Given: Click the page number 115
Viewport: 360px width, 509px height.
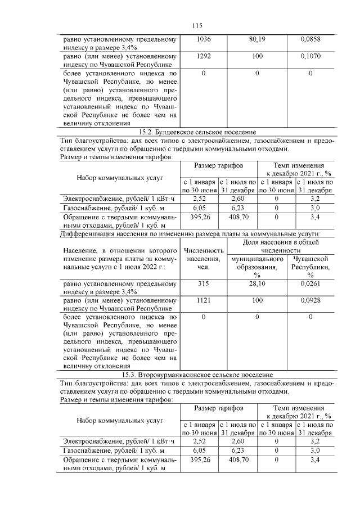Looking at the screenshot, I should tap(196, 26).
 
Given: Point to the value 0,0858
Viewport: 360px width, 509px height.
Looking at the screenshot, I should tap(310, 40).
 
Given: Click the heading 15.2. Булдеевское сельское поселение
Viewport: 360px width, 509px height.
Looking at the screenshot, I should tap(197, 132).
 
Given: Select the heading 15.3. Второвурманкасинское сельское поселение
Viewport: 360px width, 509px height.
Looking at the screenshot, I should tap(197, 374).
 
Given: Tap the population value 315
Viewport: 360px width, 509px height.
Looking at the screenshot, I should tap(204, 284).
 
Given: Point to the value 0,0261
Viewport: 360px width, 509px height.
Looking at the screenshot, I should tap(310, 284).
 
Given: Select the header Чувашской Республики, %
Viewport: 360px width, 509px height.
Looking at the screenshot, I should tap(310, 267).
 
